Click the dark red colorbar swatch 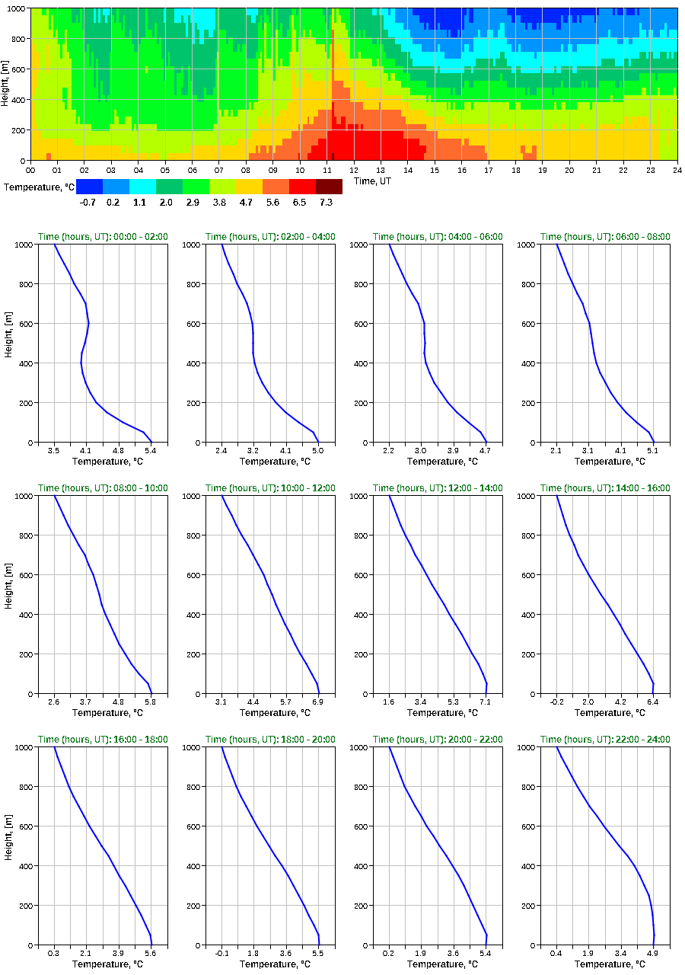[x=329, y=187]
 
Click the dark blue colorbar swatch [x=89, y=187]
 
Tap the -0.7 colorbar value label [x=88, y=202]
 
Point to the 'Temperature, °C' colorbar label [x=38, y=187]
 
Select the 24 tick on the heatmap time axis [x=677, y=170]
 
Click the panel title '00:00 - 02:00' [x=103, y=237]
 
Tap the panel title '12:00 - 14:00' [x=438, y=488]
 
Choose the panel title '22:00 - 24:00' [x=605, y=740]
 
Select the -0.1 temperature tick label [x=221, y=953]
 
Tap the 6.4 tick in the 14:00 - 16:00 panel [x=652, y=702]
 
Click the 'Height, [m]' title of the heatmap [x=6, y=84]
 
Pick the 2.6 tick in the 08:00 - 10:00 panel [x=54, y=702]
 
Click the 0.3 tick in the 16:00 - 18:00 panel [x=54, y=953]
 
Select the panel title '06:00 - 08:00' [x=605, y=237]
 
